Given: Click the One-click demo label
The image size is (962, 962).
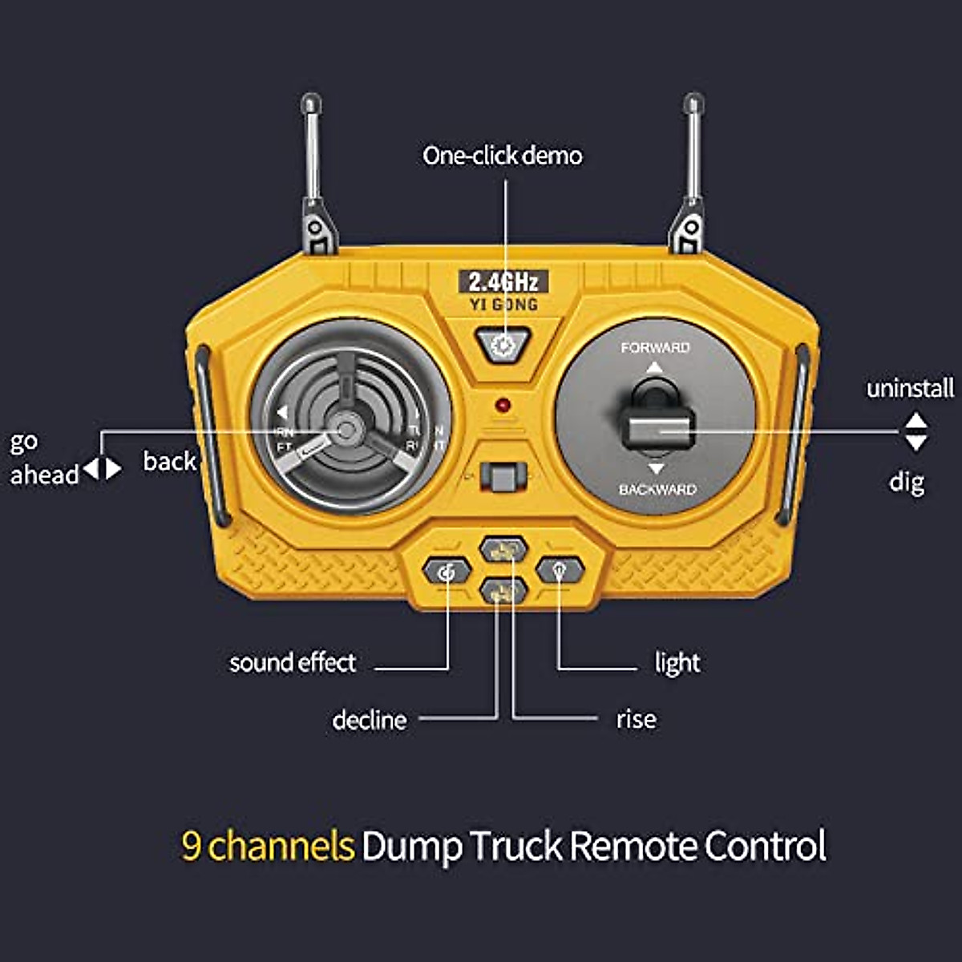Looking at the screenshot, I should click(503, 155).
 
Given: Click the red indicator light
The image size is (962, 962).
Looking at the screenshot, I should click(503, 405).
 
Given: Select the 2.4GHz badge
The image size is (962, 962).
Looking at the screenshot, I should click(503, 281).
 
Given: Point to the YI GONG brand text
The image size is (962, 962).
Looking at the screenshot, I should click(503, 305).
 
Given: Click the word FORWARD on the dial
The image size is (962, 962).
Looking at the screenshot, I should click(655, 348).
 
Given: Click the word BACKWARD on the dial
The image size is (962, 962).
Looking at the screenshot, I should click(657, 489).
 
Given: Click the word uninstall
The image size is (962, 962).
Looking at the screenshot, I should click(910, 389).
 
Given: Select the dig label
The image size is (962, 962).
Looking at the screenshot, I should click(907, 482).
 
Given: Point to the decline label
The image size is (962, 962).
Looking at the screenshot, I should click(370, 720).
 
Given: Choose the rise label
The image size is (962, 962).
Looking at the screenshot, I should click(636, 719).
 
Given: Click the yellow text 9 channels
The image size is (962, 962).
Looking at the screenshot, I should click(268, 846).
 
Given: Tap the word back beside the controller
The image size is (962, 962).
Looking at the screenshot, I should click(170, 461).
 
